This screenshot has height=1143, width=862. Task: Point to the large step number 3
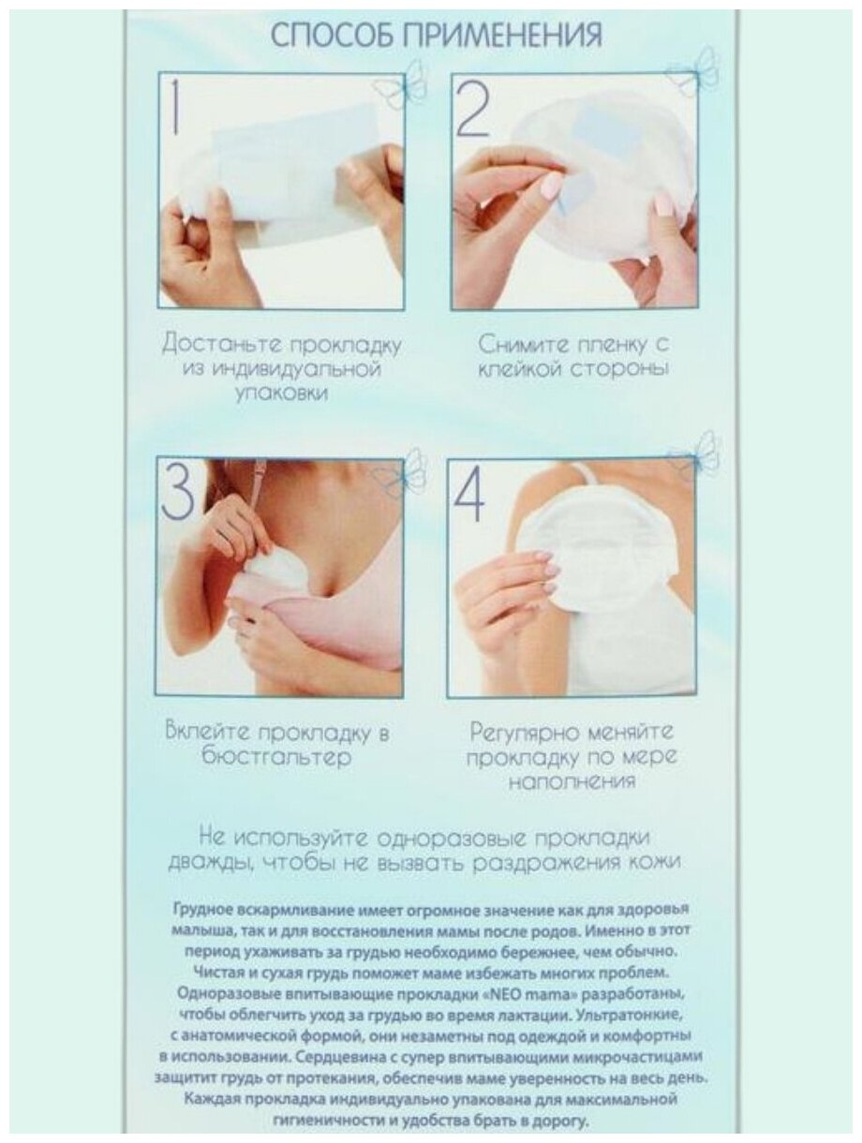[178, 492]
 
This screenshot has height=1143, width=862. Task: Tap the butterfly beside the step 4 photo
[696, 454]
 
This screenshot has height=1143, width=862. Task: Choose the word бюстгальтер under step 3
[276, 757]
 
